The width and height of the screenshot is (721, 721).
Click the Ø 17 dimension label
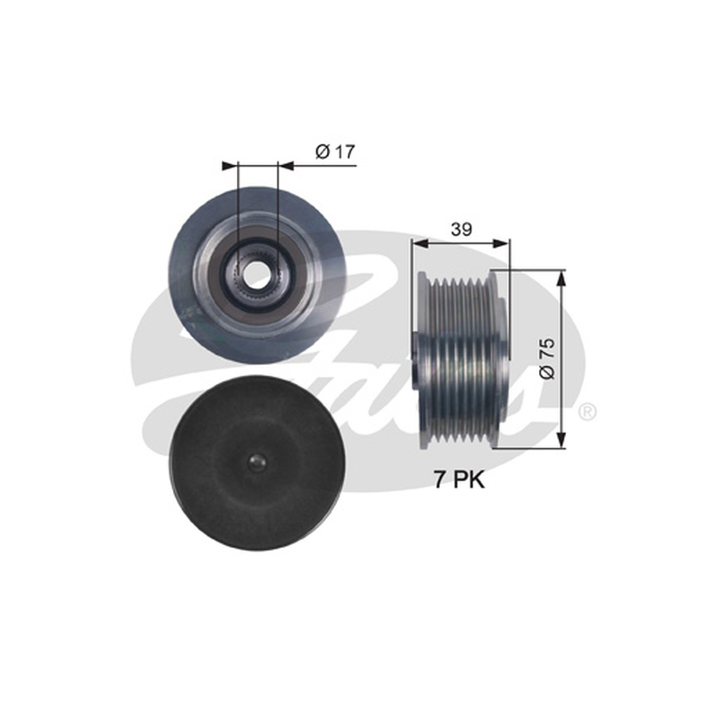click(335, 151)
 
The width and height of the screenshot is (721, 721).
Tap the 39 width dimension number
click(461, 229)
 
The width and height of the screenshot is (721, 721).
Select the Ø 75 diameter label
click(547, 360)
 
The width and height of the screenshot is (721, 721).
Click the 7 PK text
click(460, 480)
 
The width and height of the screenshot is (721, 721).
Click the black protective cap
click(256, 463)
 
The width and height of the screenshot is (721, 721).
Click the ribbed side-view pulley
click(461, 360)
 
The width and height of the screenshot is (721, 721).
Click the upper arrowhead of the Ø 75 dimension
click(561, 278)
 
